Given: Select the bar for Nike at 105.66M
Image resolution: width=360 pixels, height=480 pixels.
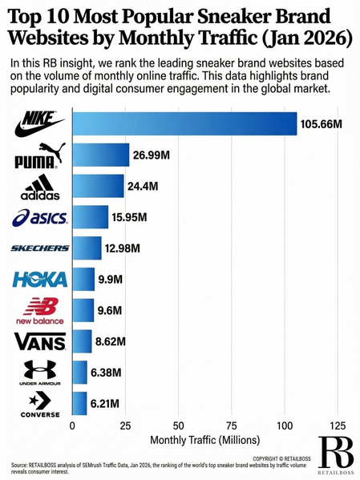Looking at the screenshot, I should click(184, 124).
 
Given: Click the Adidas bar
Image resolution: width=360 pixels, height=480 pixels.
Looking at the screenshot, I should click(99, 186).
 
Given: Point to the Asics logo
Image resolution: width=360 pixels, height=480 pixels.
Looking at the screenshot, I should click(40, 217).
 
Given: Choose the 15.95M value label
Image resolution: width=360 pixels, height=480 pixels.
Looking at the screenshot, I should click(132, 217).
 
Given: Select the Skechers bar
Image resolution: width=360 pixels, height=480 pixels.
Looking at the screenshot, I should click(87, 248).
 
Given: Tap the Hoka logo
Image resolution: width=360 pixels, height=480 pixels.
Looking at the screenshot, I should click(40, 280).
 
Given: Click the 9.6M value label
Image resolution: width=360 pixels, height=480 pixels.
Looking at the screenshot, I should click(112, 310).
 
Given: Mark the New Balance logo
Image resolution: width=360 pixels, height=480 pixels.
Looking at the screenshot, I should click(40, 310).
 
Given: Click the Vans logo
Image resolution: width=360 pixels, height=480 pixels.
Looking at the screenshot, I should click(40, 342).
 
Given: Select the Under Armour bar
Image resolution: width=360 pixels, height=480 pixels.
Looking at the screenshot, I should click(80, 373).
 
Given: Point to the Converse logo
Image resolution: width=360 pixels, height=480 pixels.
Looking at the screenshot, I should click(40, 403).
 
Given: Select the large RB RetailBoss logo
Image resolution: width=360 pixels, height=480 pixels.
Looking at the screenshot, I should click(335, 454).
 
